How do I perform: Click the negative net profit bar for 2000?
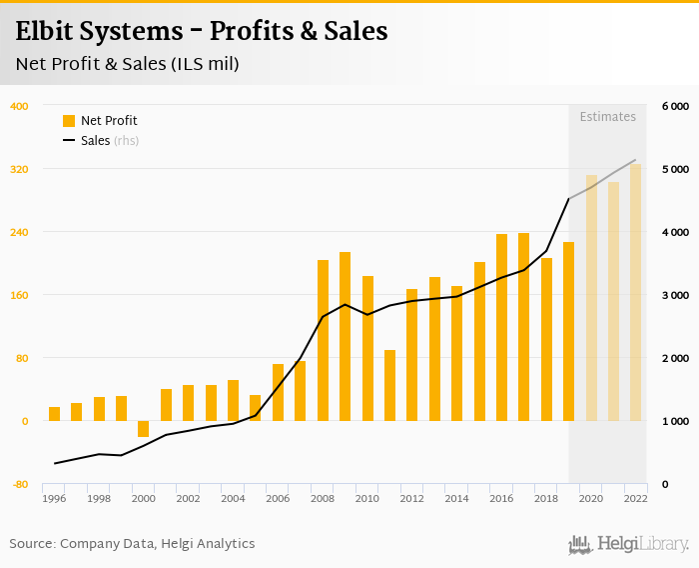coord(144,429)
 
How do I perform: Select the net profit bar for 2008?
coord(323,340)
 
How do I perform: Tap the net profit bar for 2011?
coord(389,385)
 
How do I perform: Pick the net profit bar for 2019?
coord(568,331)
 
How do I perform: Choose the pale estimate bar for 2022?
coord(635,292)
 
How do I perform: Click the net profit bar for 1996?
coord(54,414)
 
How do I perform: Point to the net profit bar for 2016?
coord(501,327)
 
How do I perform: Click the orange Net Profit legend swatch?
coord(69,121)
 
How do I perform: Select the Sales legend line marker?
coord(69,141)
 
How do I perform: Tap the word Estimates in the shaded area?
coord(607,117)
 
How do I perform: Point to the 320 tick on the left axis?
coord(19,169)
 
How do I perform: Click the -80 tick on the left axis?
coord(19,485)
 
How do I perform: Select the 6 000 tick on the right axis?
coord(675,106)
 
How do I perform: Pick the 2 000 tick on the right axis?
coord(675,358)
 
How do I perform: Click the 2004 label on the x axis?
coord(233,499)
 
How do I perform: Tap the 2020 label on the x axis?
coord(590,499)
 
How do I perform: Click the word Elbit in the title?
coord(47,31)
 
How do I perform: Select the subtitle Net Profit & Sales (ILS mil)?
coord(127,64)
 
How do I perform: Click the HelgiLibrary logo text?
coord(642,544)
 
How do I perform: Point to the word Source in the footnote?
coord(32,543)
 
